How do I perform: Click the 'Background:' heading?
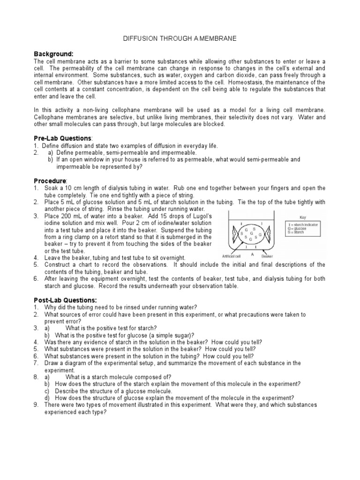[x=54, y=54]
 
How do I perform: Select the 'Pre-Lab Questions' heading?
[x=63, y=138]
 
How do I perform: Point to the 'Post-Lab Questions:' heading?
[x=65, y=300]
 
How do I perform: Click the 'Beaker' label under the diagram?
[x=267, y=256]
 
